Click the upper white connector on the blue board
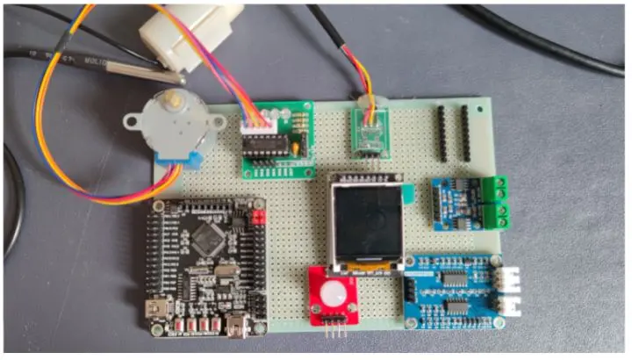(507, 276)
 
